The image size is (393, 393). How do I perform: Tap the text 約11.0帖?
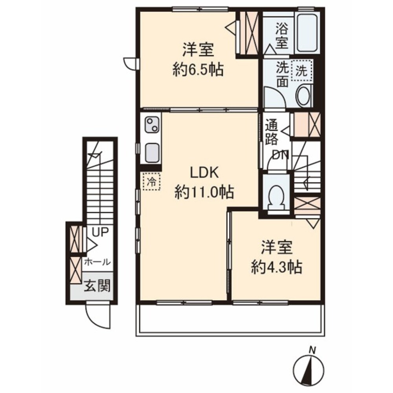(x=204, y=192)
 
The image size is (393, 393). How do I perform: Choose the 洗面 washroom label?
(x=282, y=74)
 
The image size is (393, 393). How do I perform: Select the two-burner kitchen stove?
(x=152, y=126)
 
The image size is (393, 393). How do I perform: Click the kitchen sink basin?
(x=152, y=153)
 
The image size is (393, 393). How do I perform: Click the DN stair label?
(x=281, y=155)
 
